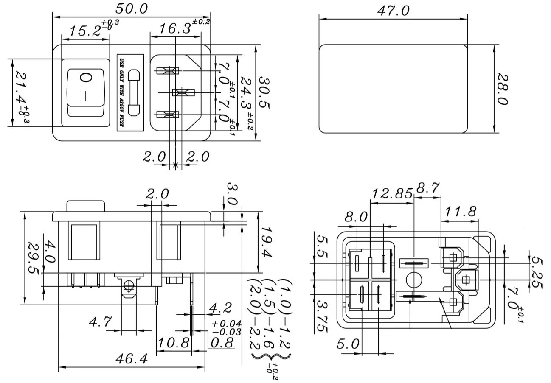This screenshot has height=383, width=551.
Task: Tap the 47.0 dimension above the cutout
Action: tap(393, 11)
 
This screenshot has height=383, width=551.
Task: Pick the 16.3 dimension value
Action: tap(174, 29)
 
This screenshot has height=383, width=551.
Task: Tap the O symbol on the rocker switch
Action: tap(85, 78)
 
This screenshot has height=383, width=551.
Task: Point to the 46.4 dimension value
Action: tap(131, 359)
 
